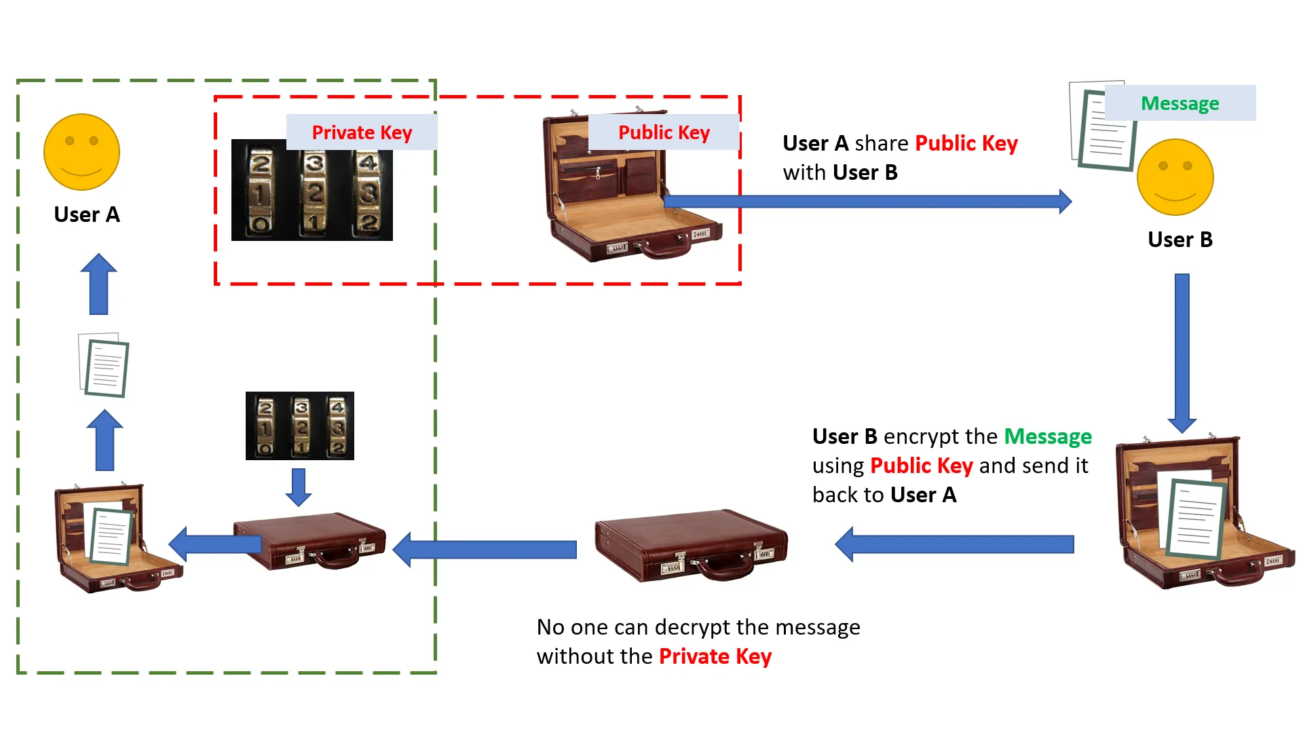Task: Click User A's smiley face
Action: [x=81, y=152]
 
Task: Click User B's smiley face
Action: [x=1175, y=177]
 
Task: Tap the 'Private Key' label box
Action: [x=362, y=132]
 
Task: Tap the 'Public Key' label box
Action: [x=664, y=132]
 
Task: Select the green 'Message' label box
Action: [x=1179, y=103]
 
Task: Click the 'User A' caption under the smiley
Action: [x=87, y=214]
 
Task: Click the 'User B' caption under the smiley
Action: [x=1179, y=240]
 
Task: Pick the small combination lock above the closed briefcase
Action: [x=299, y=426]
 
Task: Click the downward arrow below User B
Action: [x=1182, y=353]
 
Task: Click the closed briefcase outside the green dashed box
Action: [x=691, y=545]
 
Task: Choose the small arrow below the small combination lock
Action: [x=299, y=487]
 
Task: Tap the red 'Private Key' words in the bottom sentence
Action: [x=715, y=656]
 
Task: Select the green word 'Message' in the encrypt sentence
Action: [x=1048, y=436]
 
